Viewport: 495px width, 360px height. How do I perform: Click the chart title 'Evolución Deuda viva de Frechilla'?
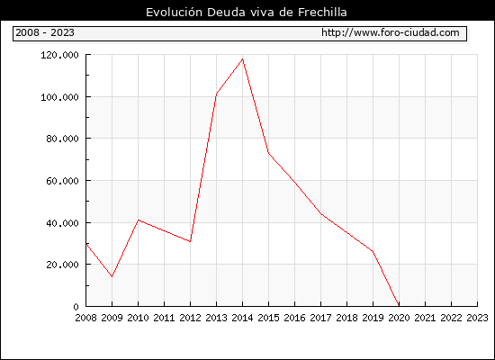coord(247,13)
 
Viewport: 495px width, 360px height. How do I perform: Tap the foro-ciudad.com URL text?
coord(391,32)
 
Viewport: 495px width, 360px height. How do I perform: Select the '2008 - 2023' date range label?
coord(45,32)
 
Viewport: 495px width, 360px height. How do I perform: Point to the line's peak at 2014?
coord(242,58)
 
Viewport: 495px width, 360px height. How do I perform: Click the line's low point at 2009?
coord(112,276)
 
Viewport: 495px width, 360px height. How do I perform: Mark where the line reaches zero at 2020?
coord(399,306)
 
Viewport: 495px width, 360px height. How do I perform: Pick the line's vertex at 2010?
coord(139,220)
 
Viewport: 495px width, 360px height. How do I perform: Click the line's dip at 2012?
coord(191,241)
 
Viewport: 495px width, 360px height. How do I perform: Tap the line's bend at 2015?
coord(269,153)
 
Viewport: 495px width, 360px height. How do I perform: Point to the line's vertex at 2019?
coord(373,251)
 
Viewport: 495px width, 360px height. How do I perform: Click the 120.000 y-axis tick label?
coord(59,55)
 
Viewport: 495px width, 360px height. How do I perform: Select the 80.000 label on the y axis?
coord(62,139)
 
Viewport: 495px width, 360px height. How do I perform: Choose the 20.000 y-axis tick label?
coord(62,265)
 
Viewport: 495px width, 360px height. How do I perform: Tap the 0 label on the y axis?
coord(76,307)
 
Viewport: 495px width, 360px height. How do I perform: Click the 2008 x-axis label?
coord(85,318)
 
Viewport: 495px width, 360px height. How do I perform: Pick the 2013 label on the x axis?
coord(216,318)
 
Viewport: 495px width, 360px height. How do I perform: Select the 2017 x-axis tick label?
coord(320,318)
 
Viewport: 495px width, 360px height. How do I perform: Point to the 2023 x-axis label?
coord(477,318)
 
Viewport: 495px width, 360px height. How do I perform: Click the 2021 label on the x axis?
coord(425,318)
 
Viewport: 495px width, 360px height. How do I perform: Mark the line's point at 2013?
coord(217,94)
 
